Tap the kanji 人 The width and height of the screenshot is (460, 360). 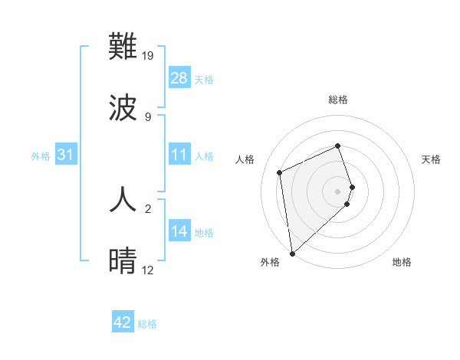(123, 199)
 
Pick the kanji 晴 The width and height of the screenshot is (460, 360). (123, 260)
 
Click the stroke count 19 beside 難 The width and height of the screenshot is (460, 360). (149, 56)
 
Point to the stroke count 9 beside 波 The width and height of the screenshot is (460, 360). (147, 116)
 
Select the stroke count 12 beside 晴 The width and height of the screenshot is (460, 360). (148, 270)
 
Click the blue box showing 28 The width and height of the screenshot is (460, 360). (179, 78)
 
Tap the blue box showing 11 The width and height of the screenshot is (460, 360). (179, 155)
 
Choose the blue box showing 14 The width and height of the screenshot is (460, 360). (179, 232)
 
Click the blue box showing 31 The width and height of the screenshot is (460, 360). (66, 155)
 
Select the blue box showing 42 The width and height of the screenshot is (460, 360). (123, 323)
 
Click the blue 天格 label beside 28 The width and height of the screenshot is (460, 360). (204, 79)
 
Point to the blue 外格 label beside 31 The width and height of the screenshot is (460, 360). (41, 156)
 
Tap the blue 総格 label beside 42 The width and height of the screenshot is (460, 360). (147, 324)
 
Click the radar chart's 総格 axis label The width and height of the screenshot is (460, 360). (338, 100)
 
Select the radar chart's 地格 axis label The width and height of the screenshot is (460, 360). (402, 262)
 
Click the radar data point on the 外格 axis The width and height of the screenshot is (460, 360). (292, 253)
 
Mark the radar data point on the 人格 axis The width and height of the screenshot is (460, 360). (280, 172)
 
